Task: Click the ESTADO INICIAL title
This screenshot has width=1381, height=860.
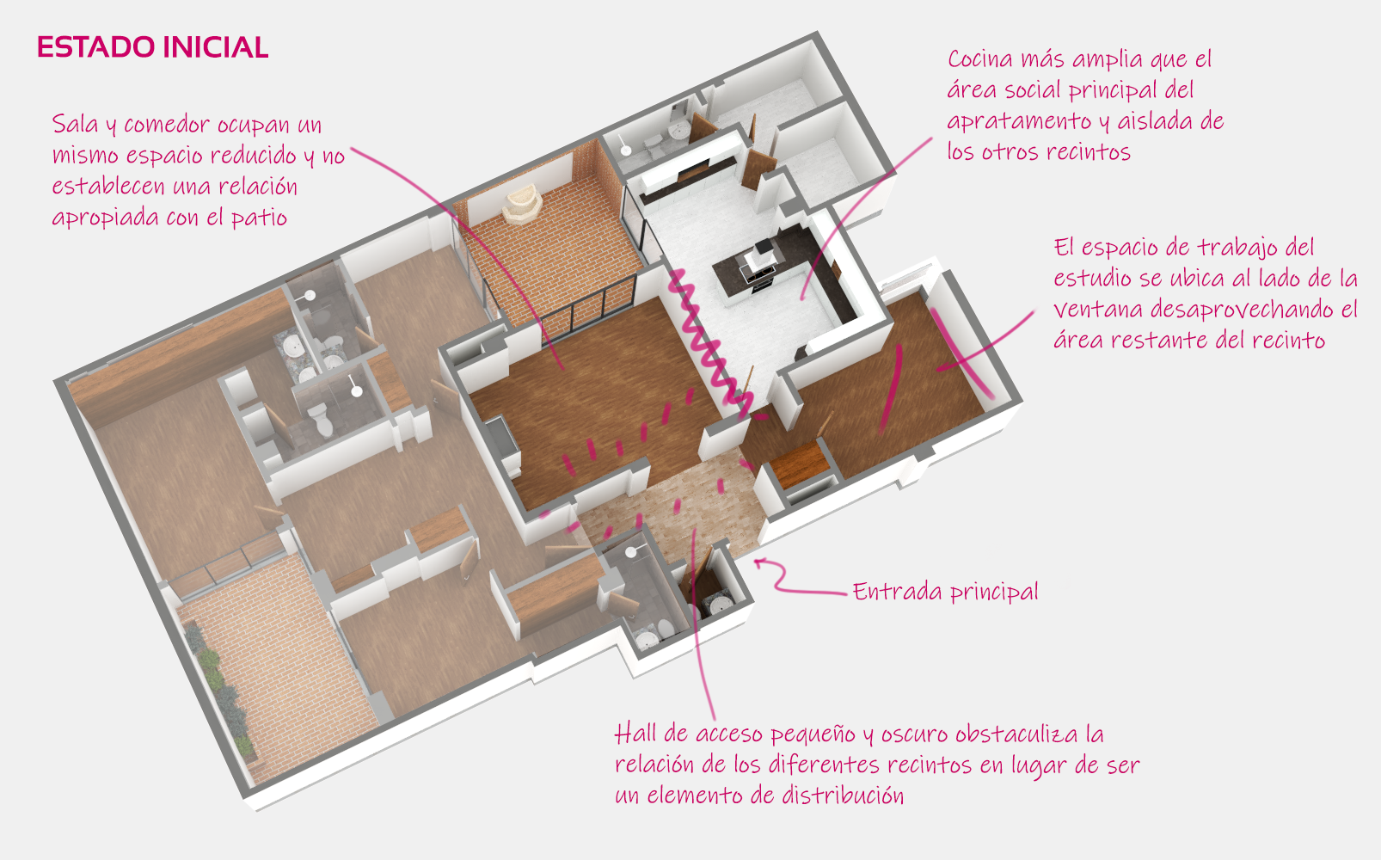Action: pos(152,47)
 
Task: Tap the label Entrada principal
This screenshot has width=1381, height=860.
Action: pos(945,592)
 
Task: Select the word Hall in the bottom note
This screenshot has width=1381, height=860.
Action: pos(635,734)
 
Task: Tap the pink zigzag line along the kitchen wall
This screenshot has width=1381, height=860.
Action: pos(705,335)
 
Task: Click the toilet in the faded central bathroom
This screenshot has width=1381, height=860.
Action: pos(321,419)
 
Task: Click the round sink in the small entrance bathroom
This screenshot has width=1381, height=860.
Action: pos(718,606)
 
